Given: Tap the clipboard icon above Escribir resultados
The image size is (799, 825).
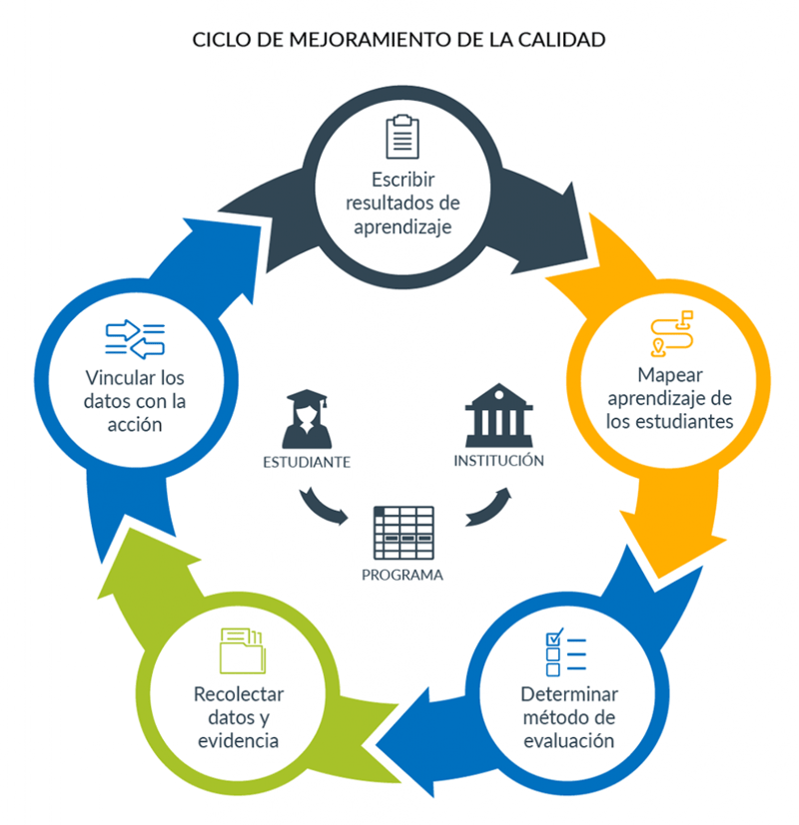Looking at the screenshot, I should pyautogui.click(x=401, y=137).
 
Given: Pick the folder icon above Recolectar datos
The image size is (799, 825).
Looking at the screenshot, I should pyautogui.click(x=241, y=651).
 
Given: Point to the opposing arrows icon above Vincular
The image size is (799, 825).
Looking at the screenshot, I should pyautogui.click(x=136, y=338).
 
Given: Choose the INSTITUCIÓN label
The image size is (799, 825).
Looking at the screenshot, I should pyautogui.click(x=498, y=461).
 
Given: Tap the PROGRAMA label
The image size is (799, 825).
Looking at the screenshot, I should pyautogui.click(x=402, y=575).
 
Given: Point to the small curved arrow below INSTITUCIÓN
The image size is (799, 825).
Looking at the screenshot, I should pyautogui.click(x=488, y=506).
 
